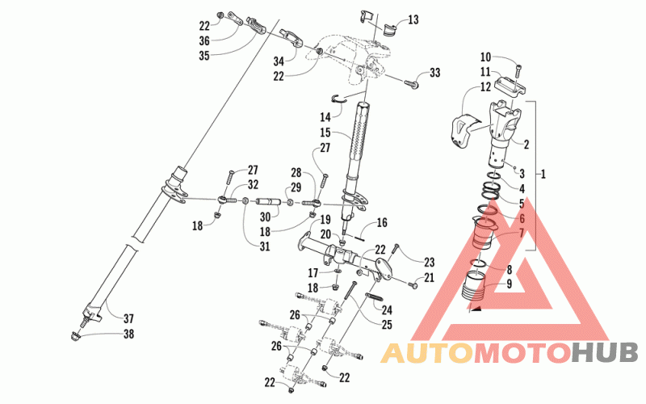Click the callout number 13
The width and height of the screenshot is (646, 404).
click(x=413, y=19)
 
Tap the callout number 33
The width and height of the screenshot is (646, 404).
click(x=435, y=74)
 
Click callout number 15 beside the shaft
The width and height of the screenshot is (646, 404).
click(x=325, y=132)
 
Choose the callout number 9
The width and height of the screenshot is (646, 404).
click(x=508, y=284)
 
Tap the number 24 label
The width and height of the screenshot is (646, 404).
click(x=387, y=309)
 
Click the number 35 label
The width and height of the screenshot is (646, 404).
click(x=204, y=56)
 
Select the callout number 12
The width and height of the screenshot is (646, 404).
click(x=485, y=86)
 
